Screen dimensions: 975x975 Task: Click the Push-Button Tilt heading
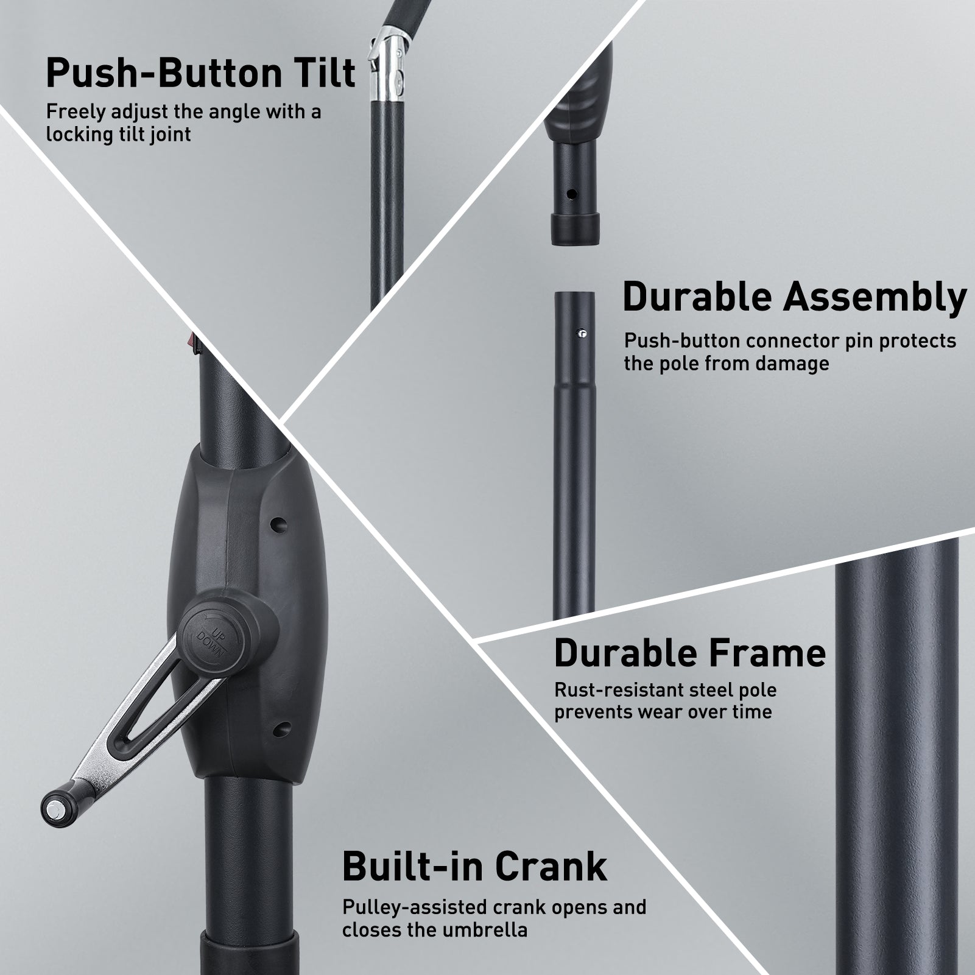200,74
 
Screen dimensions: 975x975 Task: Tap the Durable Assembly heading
794,297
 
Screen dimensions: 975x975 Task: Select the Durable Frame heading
690,653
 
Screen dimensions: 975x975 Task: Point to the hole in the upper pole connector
571,194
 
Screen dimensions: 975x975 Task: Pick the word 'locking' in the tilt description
78,135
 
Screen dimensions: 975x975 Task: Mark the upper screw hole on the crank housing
278,523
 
